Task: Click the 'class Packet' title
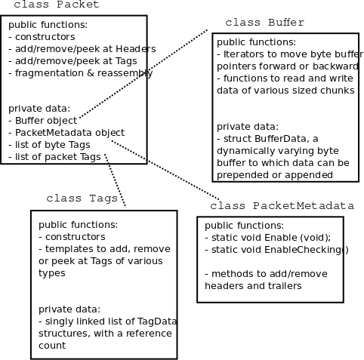tap(56, 6)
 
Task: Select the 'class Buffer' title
tap(264, 23)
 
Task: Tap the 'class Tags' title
tap(82, 198)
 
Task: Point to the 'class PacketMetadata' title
tap(282, 206)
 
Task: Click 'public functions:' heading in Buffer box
tap(256, 42)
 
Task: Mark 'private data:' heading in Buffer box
tap(247, 126)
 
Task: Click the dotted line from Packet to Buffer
tap(143, 74)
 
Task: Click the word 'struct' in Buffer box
tap(239, 138)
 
